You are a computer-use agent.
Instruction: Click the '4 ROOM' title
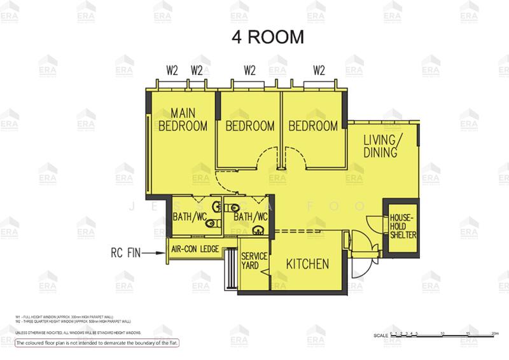[x=267, y=36]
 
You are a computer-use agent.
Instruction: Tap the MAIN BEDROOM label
[x=183, y=119]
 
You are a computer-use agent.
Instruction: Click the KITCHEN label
[x=307, y=264]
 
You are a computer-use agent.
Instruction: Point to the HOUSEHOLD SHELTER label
[x=402, y=226]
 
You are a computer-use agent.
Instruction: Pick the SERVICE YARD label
[x=251, y=261]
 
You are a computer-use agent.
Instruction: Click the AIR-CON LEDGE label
[x=199, y=250]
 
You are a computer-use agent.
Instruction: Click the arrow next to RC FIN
[x=154, y=253]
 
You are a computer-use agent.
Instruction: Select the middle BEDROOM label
[x=250, y=126]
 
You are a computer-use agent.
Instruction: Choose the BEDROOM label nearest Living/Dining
[x=313, y=126]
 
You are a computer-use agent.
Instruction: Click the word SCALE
[x=380, y=336]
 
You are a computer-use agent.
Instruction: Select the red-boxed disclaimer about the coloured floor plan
[x=98, y=343]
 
